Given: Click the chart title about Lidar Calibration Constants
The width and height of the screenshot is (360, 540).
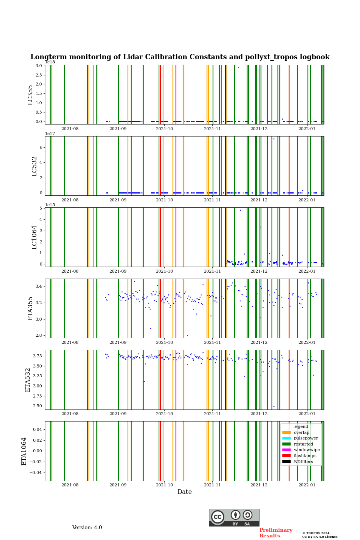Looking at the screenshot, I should pos(180,57).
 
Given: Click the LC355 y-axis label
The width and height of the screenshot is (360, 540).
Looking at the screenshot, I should pos(30,95).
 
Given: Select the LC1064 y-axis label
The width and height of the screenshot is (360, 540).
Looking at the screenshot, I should pos(34,237).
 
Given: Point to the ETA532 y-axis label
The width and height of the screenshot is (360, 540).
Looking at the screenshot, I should pos(28,379).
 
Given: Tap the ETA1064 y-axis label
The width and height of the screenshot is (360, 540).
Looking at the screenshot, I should pos(24,451).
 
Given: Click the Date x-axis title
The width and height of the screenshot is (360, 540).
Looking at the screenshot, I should pos(184,492).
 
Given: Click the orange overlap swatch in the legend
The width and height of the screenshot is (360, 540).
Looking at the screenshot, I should pos(286,432).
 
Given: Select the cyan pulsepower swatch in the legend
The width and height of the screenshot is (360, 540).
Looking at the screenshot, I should pos(286,438).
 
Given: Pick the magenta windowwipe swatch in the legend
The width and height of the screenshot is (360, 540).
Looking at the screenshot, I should pos(286,450).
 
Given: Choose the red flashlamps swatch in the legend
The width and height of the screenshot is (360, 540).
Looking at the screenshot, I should pos(286,456).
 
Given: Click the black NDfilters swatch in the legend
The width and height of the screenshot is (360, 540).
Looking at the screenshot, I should pos(286,462).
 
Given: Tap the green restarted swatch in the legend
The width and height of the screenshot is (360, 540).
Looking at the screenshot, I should pos(286,444).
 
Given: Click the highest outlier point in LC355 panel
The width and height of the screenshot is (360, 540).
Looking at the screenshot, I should pos(238,67).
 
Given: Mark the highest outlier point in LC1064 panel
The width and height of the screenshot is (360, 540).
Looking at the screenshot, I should pos(240,210).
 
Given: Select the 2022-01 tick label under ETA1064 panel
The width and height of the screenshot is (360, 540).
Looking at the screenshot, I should pos(307,485).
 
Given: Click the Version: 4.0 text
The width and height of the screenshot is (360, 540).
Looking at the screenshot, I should pos(87,528).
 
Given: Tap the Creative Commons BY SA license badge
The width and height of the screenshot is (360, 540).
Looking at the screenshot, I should pos(234,517).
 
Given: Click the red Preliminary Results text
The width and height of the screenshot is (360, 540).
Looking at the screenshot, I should pos(276,533).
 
